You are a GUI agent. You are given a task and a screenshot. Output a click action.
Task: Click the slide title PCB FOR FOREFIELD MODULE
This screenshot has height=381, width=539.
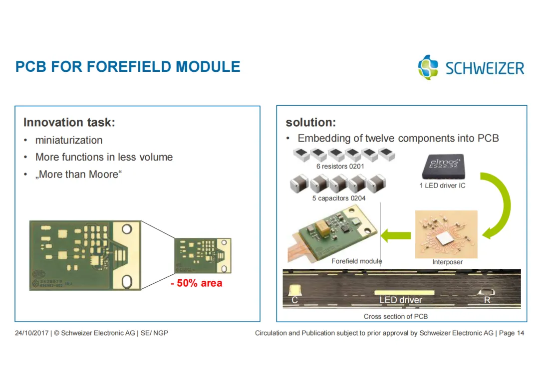coord(128,67)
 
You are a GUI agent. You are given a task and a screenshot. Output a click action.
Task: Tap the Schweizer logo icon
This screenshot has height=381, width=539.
coord(428,67)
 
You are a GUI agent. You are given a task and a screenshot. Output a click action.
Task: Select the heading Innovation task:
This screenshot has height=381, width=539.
coord(69,122)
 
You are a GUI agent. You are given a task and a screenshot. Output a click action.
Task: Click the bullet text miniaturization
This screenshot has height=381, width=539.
coord(69,140)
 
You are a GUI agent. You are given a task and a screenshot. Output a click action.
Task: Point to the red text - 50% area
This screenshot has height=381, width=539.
coord(196,283)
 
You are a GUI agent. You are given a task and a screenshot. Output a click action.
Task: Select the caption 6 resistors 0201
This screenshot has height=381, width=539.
coord(340,167)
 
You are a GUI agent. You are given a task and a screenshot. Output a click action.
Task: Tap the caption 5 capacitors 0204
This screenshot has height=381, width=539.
coord(339,198)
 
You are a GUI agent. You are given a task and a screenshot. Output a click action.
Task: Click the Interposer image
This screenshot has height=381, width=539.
coord(446,234)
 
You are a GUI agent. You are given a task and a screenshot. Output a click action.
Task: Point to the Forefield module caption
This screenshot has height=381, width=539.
coord(356,261)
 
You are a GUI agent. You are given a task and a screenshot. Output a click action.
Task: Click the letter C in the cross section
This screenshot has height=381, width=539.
coord(294,300)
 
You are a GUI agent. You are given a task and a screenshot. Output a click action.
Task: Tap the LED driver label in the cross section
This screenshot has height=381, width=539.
coord(401,300)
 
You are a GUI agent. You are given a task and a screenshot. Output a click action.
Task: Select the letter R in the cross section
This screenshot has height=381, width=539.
coord(487,300)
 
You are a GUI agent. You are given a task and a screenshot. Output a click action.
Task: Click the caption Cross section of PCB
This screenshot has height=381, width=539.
coord(396,316)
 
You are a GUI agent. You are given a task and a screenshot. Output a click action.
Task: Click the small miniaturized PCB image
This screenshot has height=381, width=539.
coord(203,255)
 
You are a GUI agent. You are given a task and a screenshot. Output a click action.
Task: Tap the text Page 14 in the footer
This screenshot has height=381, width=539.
coord(512,333)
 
